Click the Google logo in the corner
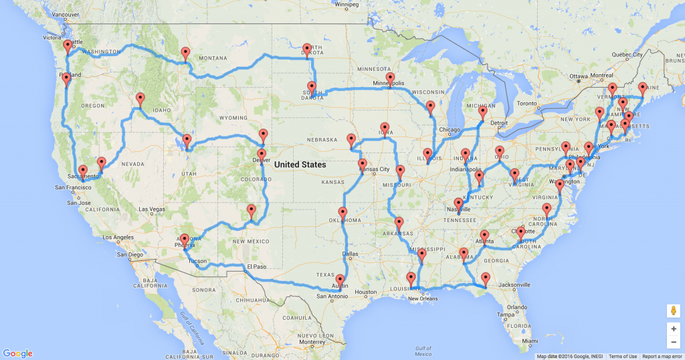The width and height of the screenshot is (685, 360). coord(18,353)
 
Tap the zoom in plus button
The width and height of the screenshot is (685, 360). coord(674,329)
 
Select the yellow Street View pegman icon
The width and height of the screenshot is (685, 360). coord(674,311)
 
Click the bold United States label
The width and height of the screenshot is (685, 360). coord(300,165)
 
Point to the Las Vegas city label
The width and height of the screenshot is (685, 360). coord(152,209)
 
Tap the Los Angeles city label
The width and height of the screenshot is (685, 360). coord(118,237)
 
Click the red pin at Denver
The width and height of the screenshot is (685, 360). coord(261,156)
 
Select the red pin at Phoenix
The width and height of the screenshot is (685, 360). coord(185,239)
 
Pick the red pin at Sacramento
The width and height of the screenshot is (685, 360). coord(83,171)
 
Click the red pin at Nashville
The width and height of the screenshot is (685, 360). coord(459,204)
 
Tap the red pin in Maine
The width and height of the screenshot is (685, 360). coord(643,88)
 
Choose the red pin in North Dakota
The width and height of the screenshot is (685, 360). coord(307,50)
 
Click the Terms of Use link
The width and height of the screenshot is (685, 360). coord(622,357)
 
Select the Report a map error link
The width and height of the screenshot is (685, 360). coord(662,357)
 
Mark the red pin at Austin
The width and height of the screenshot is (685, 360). coord(340,280)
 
